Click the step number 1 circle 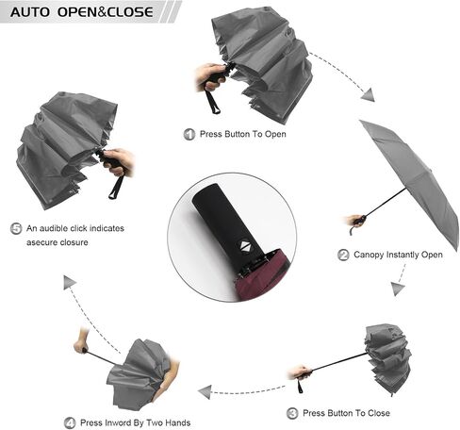(x=189, y=134)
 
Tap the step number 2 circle (x=343, y=255)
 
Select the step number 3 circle (x=292, y=413)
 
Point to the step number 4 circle (x=70, y=422)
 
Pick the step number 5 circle (x=16, y=228)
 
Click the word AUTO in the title (x=30, y=12)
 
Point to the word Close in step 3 (x=379, y=413)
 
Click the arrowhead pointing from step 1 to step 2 (x=369, y=94)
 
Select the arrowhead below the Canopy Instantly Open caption (x=398, y=289)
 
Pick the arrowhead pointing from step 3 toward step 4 (x=205, y=392)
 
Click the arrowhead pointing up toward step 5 (x=69, y=282)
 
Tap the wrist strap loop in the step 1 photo (x=213, y=100)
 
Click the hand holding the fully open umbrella (x=355, y=221)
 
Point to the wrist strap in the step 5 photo (x=116, y=188)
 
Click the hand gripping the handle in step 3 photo (x=300, y=372)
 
